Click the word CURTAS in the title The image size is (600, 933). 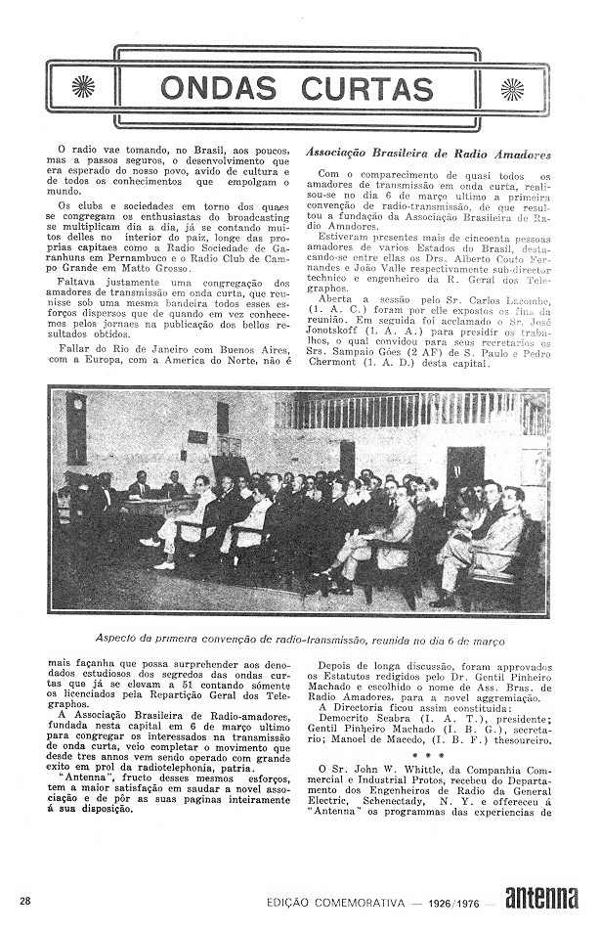tap(367, 87)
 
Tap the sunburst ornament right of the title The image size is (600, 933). tap(512, 88)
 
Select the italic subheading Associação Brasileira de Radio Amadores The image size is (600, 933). tap(428, 154)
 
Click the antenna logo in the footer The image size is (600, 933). tap(540, 898)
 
